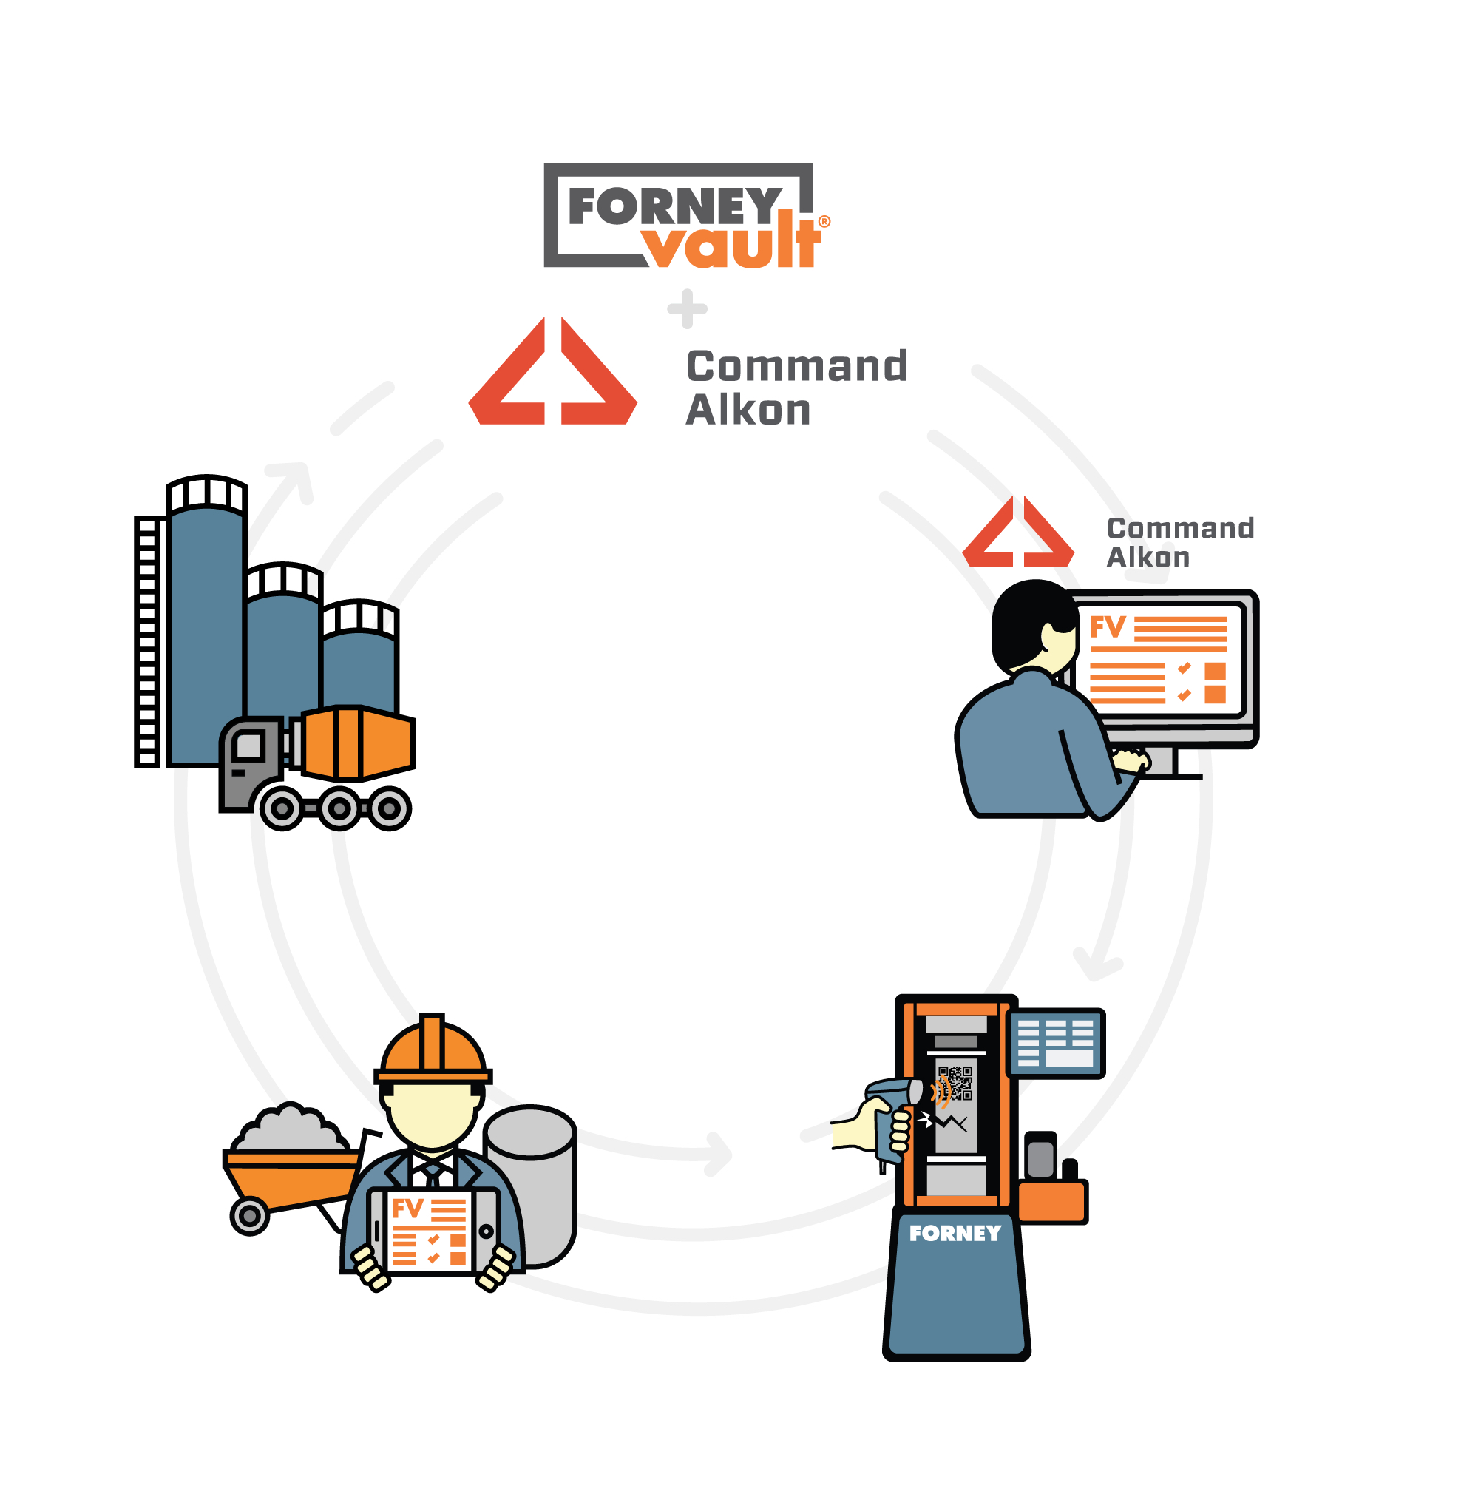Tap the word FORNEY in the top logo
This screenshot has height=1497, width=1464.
click(x=675, y=206)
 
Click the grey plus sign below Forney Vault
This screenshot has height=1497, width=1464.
click(x=688, y=309)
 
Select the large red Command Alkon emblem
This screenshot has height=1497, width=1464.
click(x=553, y=371)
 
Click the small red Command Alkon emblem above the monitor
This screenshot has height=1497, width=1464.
click(x=1018, y=532)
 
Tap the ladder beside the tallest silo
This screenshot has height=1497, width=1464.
click(x=147, y=641)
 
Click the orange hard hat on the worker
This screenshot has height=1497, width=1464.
click(x=433, y=1050)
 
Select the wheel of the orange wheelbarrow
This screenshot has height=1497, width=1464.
click(x=250, y=1216)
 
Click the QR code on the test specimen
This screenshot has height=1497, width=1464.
click(x=955, y=1084)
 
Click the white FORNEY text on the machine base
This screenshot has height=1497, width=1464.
click(x=955, y=1233)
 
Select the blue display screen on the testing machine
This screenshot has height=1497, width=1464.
click(x=1056, y=1043)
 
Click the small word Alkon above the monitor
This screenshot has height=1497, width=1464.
click(x=1148, y=558)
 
